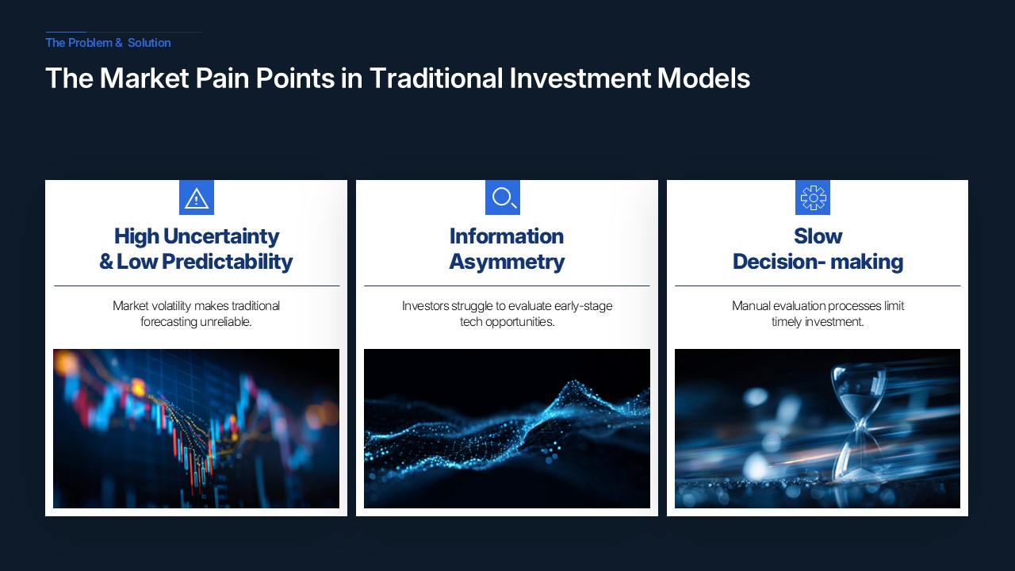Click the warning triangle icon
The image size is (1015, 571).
point(196,198)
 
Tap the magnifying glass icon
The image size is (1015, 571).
point(504,197)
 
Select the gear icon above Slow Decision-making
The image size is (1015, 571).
point(814,197)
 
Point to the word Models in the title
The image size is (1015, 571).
point(703,78)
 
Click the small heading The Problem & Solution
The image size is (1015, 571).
point(109,43)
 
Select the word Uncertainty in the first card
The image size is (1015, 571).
point(221,236)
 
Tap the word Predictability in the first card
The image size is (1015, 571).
point(228,262)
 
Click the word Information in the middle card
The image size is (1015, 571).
point(507,236)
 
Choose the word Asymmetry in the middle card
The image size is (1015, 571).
point(507,262)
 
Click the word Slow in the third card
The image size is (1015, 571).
point(818,236)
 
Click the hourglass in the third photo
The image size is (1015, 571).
point(858,423)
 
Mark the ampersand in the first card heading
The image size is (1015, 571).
point(106,262)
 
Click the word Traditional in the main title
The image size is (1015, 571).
point(436,78)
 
